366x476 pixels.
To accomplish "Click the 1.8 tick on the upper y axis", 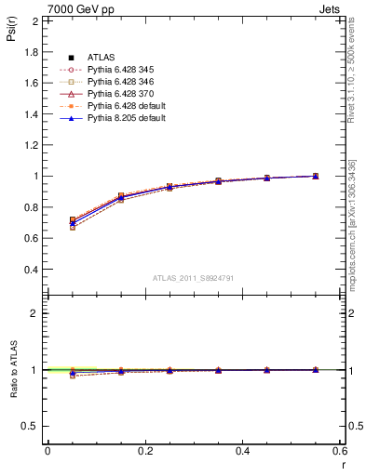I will click(33, 51).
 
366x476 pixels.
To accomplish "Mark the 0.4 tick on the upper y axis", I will click(33, 270).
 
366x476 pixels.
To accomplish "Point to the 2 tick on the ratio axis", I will click(36, 313).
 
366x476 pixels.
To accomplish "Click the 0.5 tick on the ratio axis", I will click(33, 426).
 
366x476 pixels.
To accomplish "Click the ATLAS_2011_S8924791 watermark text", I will click(193, 277).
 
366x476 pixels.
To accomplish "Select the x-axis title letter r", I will click(343, 463).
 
